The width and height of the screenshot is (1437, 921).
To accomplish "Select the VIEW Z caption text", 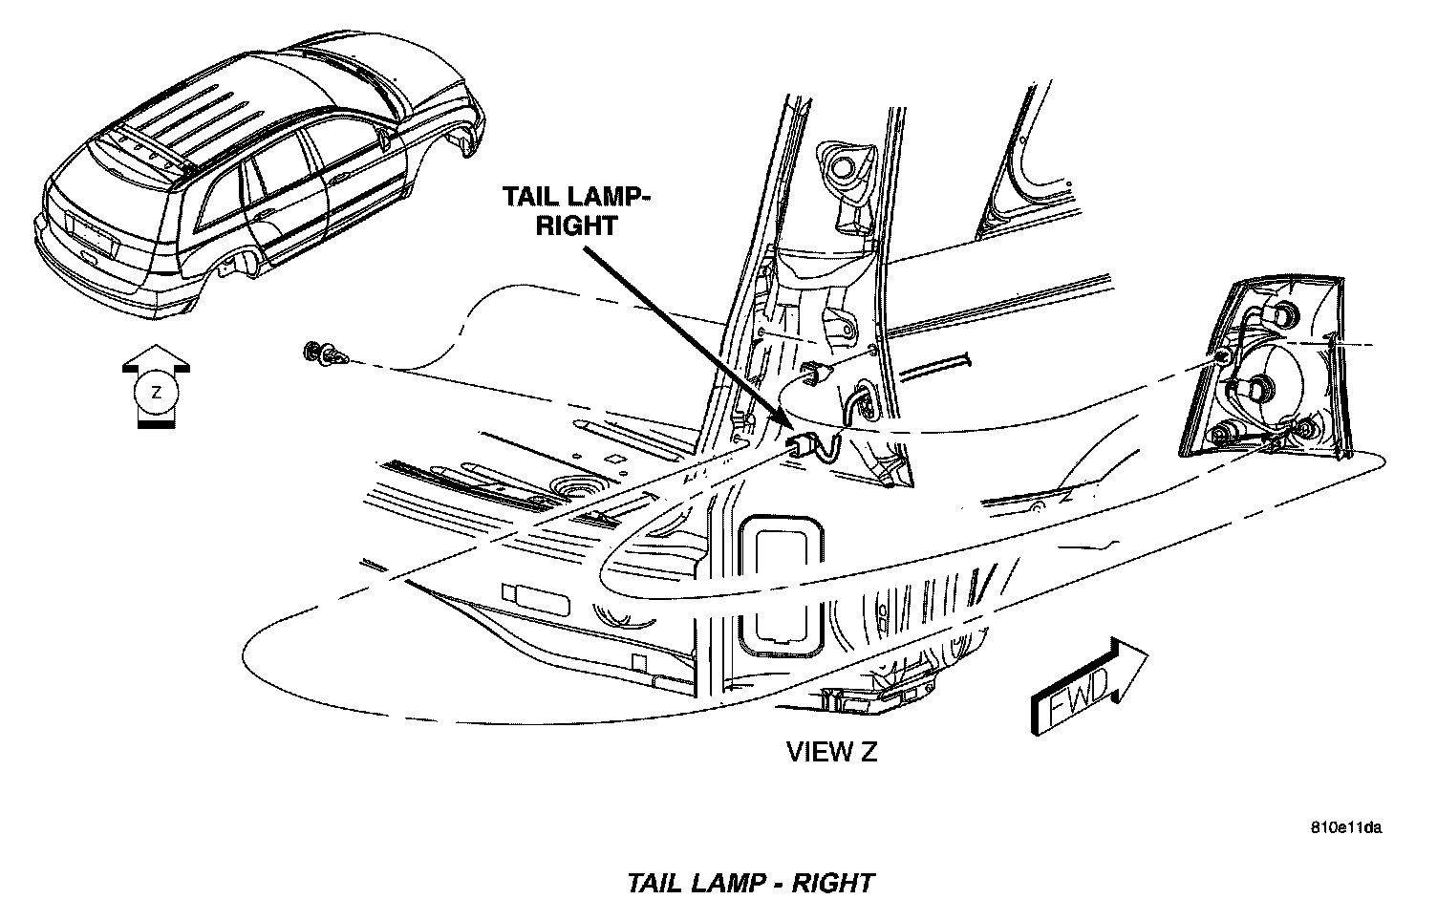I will click(x=831, y=752).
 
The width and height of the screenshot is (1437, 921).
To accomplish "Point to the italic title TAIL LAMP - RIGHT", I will click(x=750, y=882).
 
